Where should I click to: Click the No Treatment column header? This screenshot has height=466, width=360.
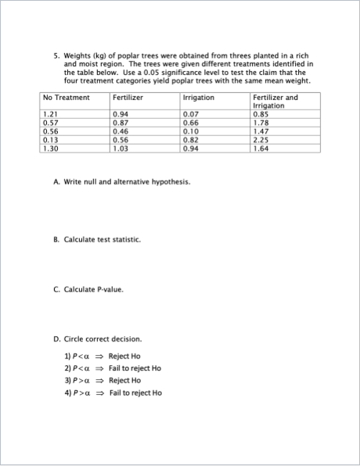(65, 98)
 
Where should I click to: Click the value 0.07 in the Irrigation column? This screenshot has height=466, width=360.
(190, 115)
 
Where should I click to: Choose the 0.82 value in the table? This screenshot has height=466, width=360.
(190, 140)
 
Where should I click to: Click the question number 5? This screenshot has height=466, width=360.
(56, 56)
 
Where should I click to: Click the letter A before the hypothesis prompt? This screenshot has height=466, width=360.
(56, 182)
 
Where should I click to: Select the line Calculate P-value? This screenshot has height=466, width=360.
(93, 289)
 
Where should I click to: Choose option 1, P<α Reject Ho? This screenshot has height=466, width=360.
(103, 357)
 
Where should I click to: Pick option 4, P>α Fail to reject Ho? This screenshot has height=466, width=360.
(113, 393)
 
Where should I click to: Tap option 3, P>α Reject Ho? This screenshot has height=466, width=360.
(103, 381)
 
